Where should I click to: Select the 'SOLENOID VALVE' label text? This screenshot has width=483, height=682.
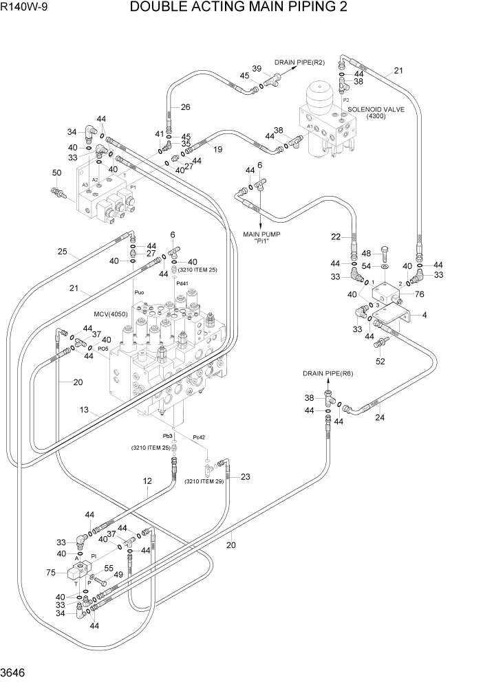[x=376, y=109]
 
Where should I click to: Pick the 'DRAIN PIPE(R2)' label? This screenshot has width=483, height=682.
[x=299, y=63]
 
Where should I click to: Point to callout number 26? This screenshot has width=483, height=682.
[x=185, y=107]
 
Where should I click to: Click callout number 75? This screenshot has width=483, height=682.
[x=50, y=572]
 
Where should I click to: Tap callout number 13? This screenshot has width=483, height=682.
[x=85, y=410]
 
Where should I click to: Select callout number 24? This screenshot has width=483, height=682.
[x=380, y=417]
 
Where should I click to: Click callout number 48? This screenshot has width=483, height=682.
[x=366, y=252]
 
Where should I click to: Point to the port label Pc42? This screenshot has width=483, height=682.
[x=200, y=437]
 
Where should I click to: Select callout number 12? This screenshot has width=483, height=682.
[x=147, y=482]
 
